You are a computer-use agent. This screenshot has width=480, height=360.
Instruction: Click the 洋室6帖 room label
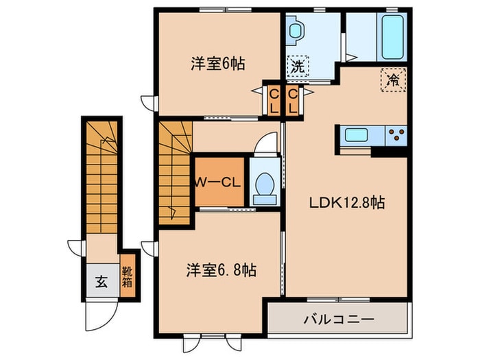pyautogui.click(x=217, y=64)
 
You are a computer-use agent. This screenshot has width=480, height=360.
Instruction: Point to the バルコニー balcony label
pyautogui.click(x=339, y=319)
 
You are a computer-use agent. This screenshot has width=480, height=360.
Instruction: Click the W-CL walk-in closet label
pyautogui.click(x=218, y=182)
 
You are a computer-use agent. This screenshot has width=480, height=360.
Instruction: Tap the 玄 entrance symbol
pyautogui.click(x=101, y=280)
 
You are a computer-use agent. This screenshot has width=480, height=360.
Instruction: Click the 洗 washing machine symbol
pyautogui.click(x=298, y=67)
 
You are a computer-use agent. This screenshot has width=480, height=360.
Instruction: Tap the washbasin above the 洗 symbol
pyautogui.click(x=296, y=32)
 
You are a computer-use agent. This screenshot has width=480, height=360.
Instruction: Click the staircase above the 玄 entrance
pyautogui.click(x=102, y=175)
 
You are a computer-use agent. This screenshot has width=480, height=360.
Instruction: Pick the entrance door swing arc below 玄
pyautogui.click(x=97, y=315)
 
